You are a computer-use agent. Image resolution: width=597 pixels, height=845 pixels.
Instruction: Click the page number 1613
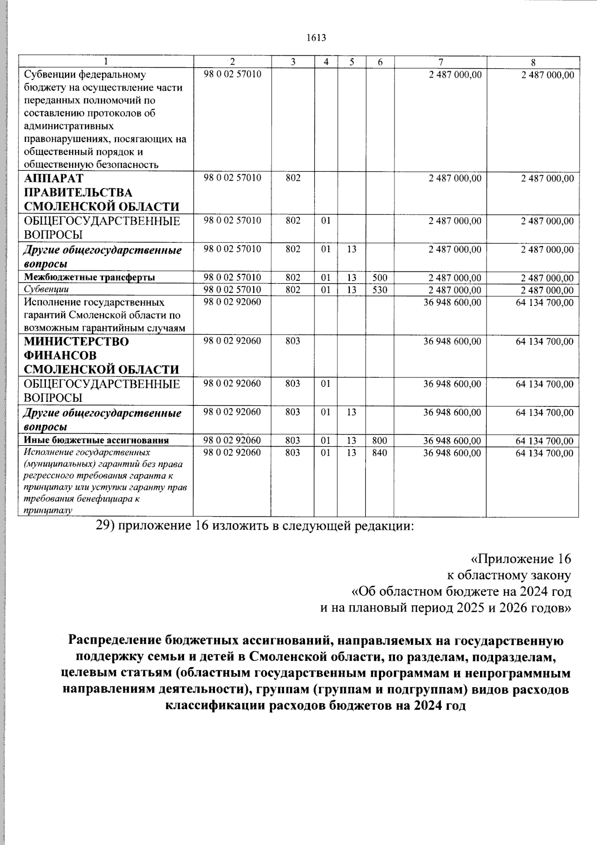[316, 38]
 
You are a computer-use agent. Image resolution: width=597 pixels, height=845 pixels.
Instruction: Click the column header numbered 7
[440, 62]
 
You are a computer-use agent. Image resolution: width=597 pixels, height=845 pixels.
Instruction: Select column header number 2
[232, 62]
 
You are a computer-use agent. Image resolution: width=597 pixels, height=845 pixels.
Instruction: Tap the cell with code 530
[380, 290]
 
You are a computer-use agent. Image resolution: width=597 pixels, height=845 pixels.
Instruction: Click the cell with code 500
[380, 277]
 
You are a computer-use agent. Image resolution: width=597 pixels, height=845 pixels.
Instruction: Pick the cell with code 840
[380, 453]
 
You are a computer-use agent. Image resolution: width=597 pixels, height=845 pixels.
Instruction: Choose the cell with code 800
[380, 441]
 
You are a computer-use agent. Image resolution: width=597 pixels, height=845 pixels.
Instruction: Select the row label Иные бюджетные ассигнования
[96, 441]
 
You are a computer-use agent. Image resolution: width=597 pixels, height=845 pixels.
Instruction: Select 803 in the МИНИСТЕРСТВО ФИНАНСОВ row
[293, 342]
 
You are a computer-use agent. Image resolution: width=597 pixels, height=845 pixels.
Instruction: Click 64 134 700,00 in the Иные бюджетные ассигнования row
[544, 441]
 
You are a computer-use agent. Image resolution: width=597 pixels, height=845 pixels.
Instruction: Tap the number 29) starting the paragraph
[105, 527]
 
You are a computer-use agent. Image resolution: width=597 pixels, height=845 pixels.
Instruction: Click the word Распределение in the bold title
[112, 639]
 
